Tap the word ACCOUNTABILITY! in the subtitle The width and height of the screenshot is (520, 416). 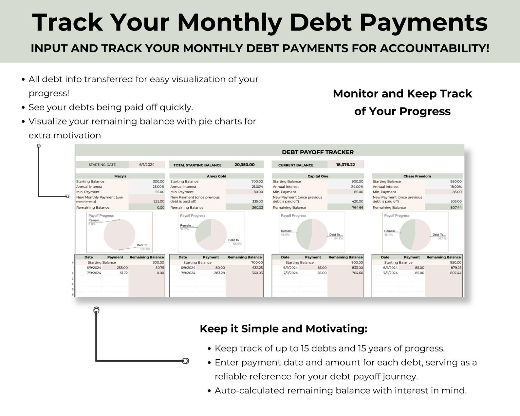435,48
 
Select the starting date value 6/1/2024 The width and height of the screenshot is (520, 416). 147,165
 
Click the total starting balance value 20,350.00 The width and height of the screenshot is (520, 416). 244,165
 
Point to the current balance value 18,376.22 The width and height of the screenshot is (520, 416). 345,165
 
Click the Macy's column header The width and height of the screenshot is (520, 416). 120,176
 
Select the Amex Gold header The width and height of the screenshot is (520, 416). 216,176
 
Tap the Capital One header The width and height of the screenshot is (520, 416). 318,176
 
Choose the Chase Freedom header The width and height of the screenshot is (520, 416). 417,176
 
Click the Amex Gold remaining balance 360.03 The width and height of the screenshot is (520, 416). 257,208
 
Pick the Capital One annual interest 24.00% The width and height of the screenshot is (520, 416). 357,187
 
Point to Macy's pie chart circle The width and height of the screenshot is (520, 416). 119,235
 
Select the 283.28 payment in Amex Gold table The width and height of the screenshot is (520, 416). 219,273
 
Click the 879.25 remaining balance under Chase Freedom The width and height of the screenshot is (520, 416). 455,268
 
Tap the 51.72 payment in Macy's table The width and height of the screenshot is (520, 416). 124,273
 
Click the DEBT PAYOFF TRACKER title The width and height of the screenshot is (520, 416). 318,152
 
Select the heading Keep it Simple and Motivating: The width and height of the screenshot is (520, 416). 283,329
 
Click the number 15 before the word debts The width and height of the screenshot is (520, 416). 305,349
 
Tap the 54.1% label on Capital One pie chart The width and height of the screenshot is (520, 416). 339,238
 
